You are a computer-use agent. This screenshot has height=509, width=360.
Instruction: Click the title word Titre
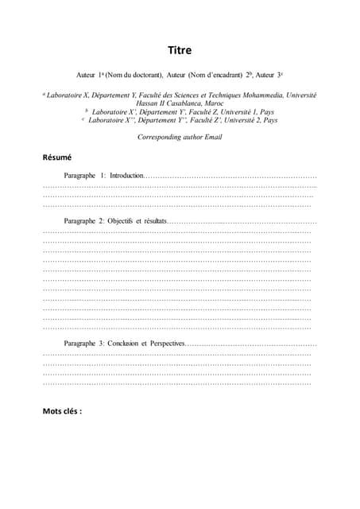(180, 49)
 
